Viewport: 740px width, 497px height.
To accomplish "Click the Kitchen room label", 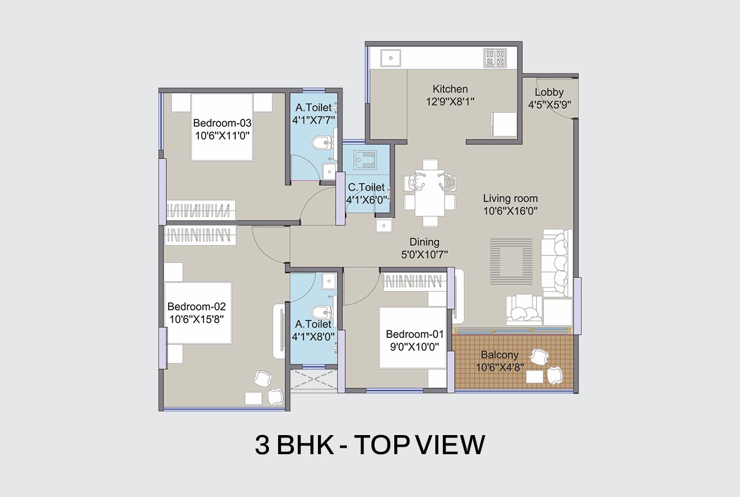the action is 450,89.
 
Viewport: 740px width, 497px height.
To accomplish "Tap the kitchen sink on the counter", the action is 390,58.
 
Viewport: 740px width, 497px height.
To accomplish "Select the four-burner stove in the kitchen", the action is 495,58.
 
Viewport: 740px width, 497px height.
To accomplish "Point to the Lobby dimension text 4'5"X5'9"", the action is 549,105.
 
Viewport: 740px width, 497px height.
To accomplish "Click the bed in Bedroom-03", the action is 222,127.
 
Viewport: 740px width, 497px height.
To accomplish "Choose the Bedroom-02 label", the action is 197,307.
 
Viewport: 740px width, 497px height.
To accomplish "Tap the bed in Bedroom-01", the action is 413,338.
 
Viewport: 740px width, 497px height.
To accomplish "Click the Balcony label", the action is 499,355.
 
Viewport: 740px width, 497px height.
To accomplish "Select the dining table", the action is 430,193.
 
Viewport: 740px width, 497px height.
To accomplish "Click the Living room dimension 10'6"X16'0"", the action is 510,211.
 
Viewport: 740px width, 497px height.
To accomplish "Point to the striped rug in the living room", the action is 511,262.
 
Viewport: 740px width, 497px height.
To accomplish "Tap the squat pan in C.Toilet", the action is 365,160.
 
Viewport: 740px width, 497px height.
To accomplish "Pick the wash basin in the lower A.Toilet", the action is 329,281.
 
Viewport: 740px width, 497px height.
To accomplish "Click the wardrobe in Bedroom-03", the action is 201,210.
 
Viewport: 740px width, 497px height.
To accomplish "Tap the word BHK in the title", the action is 305,445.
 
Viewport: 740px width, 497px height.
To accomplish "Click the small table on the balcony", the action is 535,377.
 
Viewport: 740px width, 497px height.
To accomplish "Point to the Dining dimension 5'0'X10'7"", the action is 424,255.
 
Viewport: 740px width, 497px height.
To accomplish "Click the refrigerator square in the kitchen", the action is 504,124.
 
